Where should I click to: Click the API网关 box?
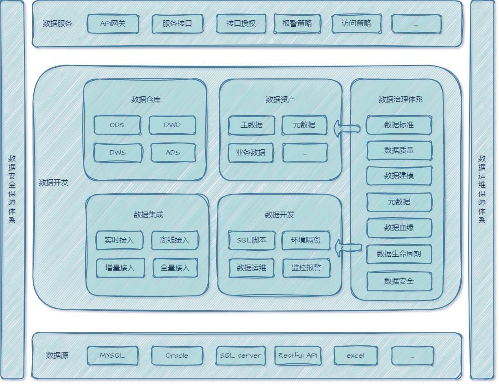pos(113,24)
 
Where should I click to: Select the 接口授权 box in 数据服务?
pos(241,24)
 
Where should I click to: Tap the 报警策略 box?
pos(297,24)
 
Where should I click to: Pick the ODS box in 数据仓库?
pos(117,125)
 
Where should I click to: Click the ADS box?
pos(173,153)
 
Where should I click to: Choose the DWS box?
pos(117,153)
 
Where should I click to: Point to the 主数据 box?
pos(252,125)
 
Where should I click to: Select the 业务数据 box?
pos(251,153)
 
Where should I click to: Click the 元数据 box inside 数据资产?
pos(304,125)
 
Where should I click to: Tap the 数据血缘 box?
pos(399,228)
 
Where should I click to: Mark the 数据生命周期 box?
pos(399,254)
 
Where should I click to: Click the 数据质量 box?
pos(399,150)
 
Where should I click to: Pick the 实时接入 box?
pos(119,240)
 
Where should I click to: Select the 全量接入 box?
pos(175,268)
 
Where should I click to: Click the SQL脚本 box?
pos(252,240)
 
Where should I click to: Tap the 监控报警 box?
pos(306,268)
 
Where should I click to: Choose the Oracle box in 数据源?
pos(177,355)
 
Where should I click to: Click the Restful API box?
pos(298,355)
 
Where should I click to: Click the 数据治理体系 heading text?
pos(400,99)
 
